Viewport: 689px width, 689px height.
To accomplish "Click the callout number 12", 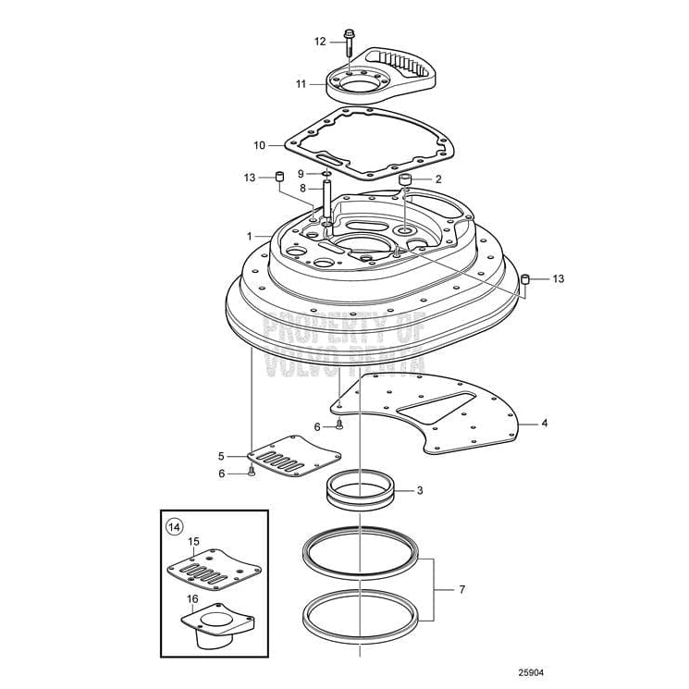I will [x=319, y=41].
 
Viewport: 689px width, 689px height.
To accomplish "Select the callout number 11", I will [x=301, y=83].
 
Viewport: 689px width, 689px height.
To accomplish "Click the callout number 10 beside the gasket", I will [x=260, y=144].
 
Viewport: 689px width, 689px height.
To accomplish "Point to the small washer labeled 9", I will [x=326, y=173].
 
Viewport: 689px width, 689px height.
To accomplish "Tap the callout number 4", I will [x=545, y=424].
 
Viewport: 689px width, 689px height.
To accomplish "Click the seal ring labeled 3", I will [x=359, y=488].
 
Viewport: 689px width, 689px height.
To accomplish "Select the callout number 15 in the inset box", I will [x=194, y=541].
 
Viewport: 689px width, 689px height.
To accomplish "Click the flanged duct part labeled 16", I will [x=221, y=622].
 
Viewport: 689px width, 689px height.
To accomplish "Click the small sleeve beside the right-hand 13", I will [x=524, y=278].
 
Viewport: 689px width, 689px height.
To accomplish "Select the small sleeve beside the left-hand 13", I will [x=277, y=176].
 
